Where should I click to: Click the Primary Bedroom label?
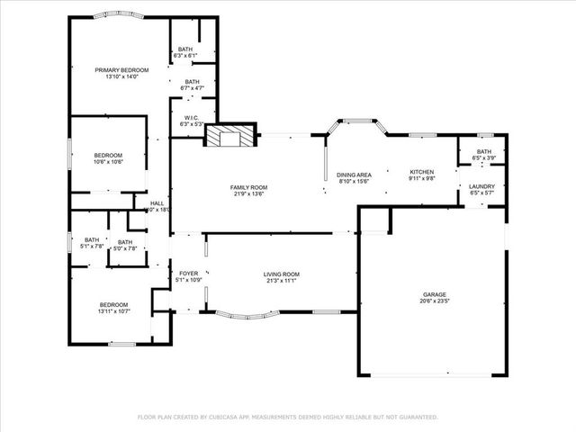[x=120, y=69]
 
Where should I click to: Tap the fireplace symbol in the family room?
[x=227, y=137]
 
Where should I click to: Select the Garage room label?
[x=436, y=294]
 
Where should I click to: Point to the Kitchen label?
[x=422, y=171]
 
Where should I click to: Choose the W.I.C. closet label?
[x=192, y=117]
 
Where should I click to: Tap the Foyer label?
[x=189, y=274]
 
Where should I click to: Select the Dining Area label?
[x=355, y=175]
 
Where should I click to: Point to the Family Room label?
[x=249, y=187]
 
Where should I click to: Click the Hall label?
[x=157, y=203]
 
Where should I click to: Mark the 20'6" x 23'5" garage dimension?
[x=436, y=301]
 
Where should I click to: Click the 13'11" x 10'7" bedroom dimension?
[x=114, y=311]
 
